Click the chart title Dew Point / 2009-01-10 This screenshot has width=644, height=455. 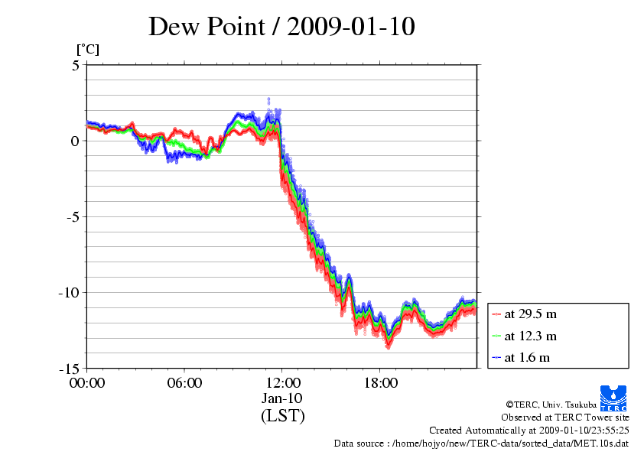[281, 27]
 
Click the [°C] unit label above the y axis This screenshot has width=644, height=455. [87, 50]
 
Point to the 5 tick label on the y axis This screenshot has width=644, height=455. [75, 65]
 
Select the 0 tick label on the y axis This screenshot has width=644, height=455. [75, 141]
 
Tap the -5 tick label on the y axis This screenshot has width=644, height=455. [72, 216]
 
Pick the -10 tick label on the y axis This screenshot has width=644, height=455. [69, 292]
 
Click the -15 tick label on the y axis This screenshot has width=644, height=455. [69, 368]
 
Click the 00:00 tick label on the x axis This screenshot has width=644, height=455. [87, 383]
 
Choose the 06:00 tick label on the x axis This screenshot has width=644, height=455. [184, 383]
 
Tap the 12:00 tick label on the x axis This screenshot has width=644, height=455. [282, 383]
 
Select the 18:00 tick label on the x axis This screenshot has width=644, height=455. [380, 383]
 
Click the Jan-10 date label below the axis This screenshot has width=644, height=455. [282, 398]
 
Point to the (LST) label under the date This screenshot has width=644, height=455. [282, 416]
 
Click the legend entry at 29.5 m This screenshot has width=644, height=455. [532, 314]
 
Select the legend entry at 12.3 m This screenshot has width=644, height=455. [532, 336]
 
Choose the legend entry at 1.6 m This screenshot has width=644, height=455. [529, 357]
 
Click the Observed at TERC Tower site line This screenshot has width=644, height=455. [565, 418]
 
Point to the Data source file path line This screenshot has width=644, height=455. [481, 443]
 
